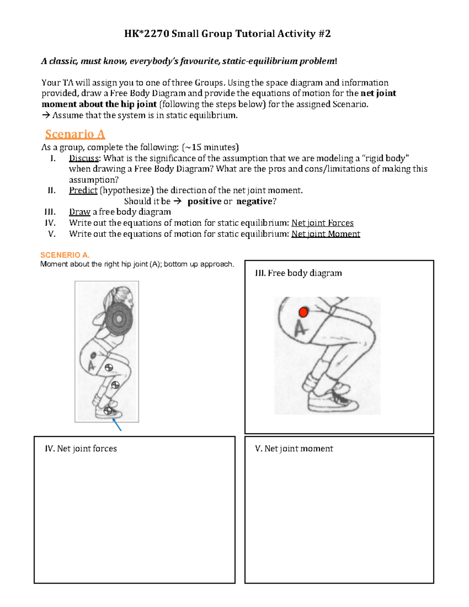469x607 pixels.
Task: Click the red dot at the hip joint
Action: (303, 312)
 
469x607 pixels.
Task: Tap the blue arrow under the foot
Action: (117, 424)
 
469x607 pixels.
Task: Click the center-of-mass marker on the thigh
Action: (109, 367)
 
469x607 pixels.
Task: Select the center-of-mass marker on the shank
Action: (115, 385)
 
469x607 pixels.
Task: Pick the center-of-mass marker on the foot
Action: (108, 411)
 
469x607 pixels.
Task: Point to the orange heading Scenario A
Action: (75, 134)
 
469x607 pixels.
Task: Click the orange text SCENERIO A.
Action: (65, 255)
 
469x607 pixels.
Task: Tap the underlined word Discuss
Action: (84, 158)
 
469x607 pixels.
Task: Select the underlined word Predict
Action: (83, 190)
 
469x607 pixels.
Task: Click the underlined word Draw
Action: (79, 212)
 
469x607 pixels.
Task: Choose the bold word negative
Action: (254, 201)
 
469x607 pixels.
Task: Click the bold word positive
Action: (204, 201)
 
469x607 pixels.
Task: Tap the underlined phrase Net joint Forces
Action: (322, 223)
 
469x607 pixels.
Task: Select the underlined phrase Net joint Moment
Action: (326, 234)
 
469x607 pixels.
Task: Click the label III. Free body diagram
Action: (298, 273)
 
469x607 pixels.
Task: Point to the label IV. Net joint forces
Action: (81, 449)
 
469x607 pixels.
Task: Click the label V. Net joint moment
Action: (294, 449)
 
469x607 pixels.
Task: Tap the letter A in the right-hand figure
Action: (300, 329)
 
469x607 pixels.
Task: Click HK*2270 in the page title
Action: (147, 34)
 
